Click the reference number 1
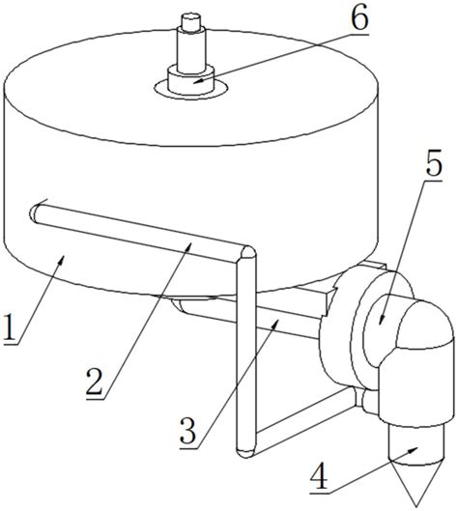tap(11, 326)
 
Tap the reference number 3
tap(189, 431)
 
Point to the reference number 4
tap(320, 474)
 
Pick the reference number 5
tap(434, 162)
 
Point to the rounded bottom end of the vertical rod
tap(245, 454)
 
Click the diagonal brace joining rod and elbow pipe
tap(304, 421)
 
